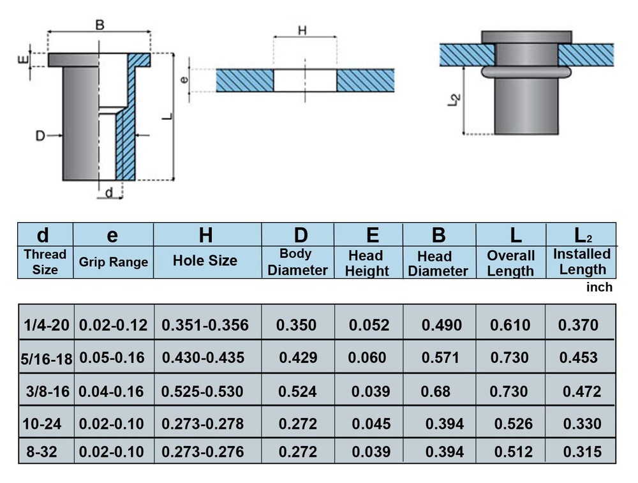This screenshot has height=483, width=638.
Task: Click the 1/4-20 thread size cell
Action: (x=47, y=325)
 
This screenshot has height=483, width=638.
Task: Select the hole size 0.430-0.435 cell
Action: (x=203, y=358)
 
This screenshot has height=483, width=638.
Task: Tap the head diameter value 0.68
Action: (x=435, y=392)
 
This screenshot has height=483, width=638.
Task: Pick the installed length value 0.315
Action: (x=582, y=452)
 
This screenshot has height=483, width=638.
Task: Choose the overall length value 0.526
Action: (x=514, y=424)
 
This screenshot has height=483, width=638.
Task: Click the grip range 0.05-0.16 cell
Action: (x=112, y=358)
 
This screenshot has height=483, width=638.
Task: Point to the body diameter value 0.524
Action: (x=297, y=392)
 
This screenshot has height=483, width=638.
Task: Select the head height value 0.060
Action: (x=367, y=358)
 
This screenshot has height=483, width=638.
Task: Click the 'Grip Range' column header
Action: (x=113, y=262)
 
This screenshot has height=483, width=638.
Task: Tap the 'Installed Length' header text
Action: (x=582, y=261)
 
